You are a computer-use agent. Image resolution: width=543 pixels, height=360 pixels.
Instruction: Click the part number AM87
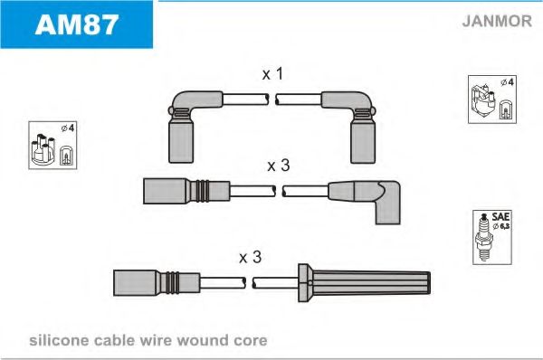[77, 25]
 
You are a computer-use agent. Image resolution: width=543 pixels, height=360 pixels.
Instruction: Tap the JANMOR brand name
[497, 21]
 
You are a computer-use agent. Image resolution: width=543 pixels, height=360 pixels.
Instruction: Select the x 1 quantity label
[272, 74]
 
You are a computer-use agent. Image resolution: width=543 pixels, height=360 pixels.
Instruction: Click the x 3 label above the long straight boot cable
[250, 257]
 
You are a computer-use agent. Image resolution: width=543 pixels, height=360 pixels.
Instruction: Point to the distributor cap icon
[43, 149]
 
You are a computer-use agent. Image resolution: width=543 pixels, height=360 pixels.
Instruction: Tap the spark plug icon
[484, 238]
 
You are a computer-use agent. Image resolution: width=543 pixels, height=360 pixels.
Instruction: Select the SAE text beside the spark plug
[500, 217]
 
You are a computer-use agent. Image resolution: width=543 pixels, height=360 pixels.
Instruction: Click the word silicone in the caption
[59, 341]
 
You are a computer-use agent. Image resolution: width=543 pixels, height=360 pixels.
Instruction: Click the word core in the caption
[251, 341]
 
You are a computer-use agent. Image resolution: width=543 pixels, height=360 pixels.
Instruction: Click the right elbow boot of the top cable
[354, 126]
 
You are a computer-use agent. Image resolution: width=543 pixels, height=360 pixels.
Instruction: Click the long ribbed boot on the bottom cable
[364, 282]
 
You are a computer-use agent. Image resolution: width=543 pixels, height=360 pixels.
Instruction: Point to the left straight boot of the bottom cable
[157, 283]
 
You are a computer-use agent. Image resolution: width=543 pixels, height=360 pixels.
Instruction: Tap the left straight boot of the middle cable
[186, 191]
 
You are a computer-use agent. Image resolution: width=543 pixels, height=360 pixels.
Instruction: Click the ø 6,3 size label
[501, 226]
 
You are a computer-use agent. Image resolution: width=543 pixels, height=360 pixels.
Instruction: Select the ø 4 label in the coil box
[508, 82]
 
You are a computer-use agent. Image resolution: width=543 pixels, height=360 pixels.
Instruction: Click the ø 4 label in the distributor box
[68, 128]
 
